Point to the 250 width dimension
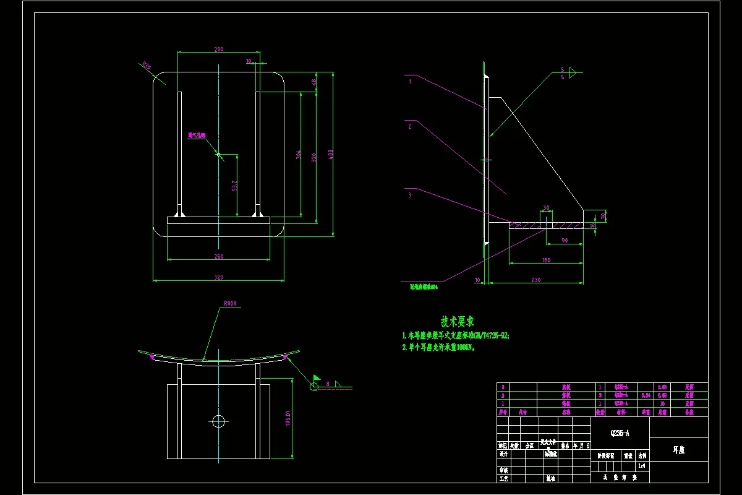tap(218, 256)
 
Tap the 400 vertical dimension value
tap(331, 154)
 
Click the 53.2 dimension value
tap(234, 185)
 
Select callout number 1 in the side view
tap(409, 80)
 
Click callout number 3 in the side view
tap(409, 194)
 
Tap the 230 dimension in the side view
tap(535, 280)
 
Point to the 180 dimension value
tap(546, 260)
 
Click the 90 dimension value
tap(565, 241)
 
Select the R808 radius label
tap(230, 304)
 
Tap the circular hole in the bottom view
tap(218, 421)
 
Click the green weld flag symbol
tap(317, 377)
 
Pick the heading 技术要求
tap(458, 322)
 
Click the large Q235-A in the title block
tap(620, 434)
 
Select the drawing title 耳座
tap(678, 450)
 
